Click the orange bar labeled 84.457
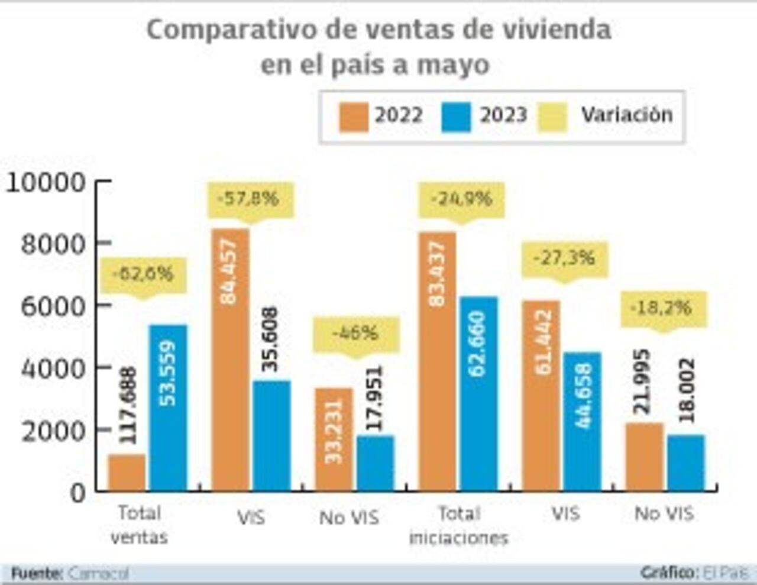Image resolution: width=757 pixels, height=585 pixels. (x=230, y=360)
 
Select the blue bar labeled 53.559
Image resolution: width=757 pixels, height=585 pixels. (x=168, y=408)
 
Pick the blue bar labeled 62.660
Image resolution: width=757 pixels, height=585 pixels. (x=478, y=393)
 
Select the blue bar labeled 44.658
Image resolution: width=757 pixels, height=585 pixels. (x=582, y=421)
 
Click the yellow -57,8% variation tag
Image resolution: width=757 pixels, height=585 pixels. (x=250, y=199)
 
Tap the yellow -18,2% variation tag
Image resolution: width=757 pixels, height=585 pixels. (x=662, y=308)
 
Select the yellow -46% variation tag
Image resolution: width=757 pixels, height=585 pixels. (x=355, y=334)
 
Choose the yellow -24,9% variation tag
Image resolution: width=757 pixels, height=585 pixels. (x=461, y=199)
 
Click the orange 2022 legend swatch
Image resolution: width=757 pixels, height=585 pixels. (x=353, y=116)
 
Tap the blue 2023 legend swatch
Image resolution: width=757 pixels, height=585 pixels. (x=456, y=116)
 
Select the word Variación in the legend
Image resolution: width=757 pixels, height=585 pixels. (x=626, y=115)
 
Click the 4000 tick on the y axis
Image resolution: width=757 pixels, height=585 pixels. (x=53, y=369)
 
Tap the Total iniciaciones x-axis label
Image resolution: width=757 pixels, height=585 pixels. (x=458, y=525)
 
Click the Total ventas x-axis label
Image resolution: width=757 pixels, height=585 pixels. (x=139, y=525)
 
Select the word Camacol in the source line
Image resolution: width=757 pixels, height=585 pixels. (x=98, y=573)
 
